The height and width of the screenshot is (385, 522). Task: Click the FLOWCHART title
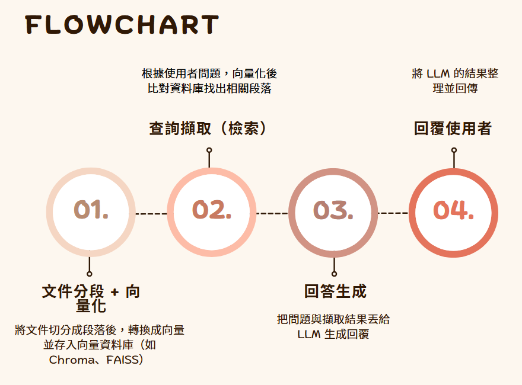pos(122,25)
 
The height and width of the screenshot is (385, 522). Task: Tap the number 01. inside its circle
pos(91,210)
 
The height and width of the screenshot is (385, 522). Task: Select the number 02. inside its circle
pos(212,210)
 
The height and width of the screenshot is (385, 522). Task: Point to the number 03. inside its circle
pos(333,210)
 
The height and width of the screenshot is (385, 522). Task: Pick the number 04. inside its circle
pos(454,210)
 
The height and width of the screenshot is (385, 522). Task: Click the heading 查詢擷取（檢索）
pos(208,129)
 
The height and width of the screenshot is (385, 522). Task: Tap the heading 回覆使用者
pos(453,129)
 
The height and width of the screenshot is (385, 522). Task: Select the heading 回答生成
pos(335,291)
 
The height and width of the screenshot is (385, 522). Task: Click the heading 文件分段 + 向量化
pos(91,299)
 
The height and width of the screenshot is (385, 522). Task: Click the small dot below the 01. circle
pos(90,274)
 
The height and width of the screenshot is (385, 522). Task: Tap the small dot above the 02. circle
pos(209,150)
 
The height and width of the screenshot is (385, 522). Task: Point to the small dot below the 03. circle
pos(334,274)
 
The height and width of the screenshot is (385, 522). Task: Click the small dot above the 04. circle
pos(454,150)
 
